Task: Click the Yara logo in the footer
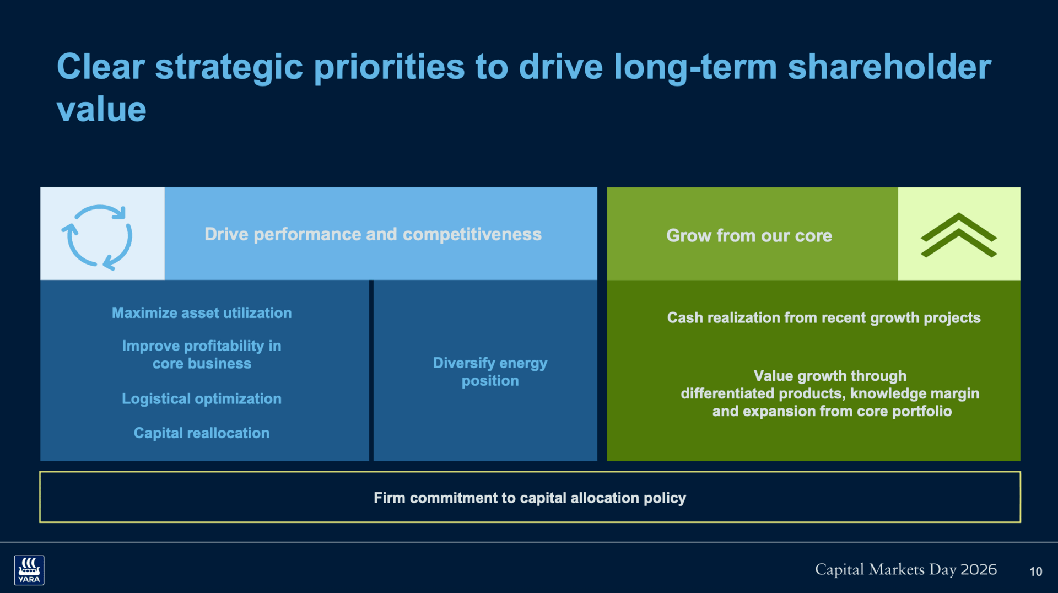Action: pos(29,570)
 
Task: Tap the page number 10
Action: pos(1036,572)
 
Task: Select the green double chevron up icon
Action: pos(959,235)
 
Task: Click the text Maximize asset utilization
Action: pos(202,313)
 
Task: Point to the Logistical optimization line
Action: pos(202,399)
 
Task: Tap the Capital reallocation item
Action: pos(202,433)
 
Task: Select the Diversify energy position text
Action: pos(490,372)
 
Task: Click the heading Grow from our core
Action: pos(749,236)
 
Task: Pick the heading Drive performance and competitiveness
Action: pos(373,234)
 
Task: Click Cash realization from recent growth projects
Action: pos(824,318)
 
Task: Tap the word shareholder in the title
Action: pos(889,67)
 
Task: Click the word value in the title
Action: pos(101,109)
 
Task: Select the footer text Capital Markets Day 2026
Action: pos(906,569)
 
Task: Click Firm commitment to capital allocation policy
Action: pos(530,498)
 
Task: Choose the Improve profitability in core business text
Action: pos(202,355)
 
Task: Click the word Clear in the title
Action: pos(101,67)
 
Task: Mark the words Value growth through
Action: pos(830,376)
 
